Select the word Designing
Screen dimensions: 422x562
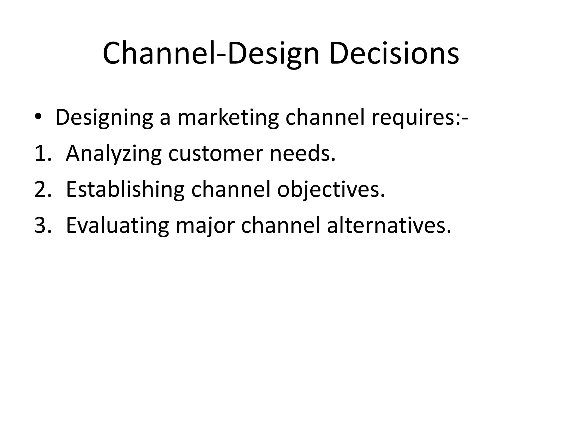(x=104, y=118)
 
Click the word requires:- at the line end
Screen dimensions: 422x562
(x=420, y=118)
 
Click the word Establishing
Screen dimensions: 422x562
(x=125, y=190)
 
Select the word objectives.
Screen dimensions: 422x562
(x=331, y=190)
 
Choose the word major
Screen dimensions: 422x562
(x=205, y=226)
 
